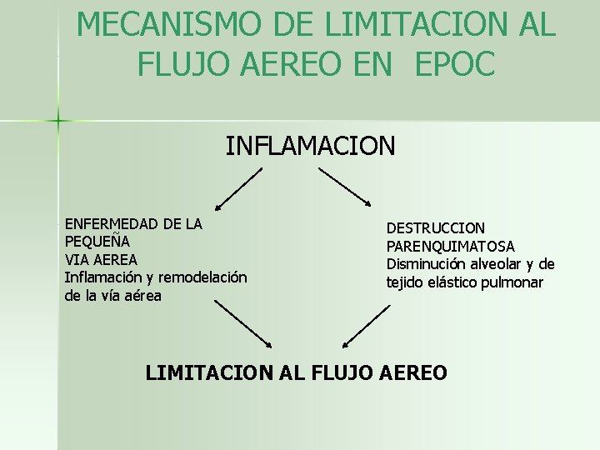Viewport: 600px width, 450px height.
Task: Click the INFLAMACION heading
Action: pos(311,147)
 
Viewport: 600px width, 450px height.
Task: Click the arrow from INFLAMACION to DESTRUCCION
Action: pos(345,187)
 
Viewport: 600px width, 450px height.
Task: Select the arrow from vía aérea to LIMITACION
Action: pos(243,323)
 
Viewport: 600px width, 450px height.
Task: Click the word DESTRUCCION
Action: pos(435,228)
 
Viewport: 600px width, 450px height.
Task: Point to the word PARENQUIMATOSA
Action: pos(450,247)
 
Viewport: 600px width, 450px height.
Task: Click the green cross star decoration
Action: pos(58,122)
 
